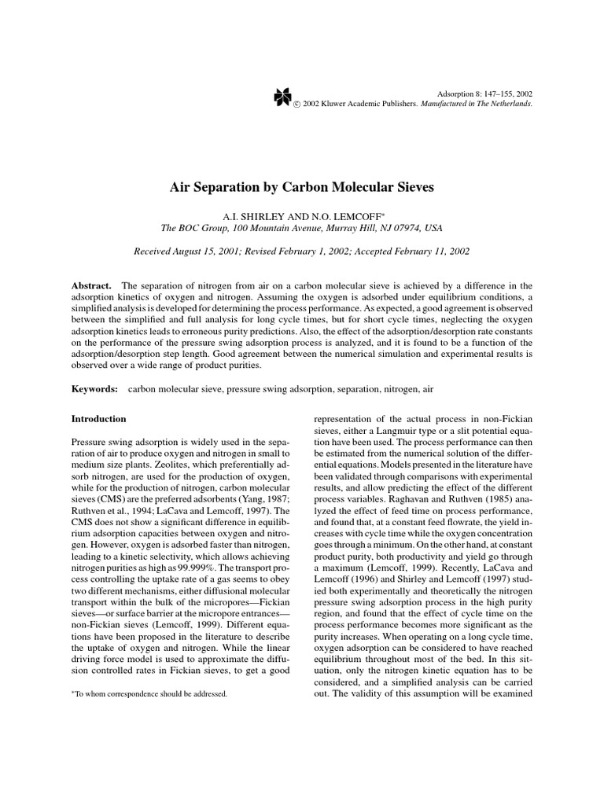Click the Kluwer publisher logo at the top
[x=282, y=97]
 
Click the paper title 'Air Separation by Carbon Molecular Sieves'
[x=302, y=188]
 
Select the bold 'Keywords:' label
[x=94, y=389]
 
